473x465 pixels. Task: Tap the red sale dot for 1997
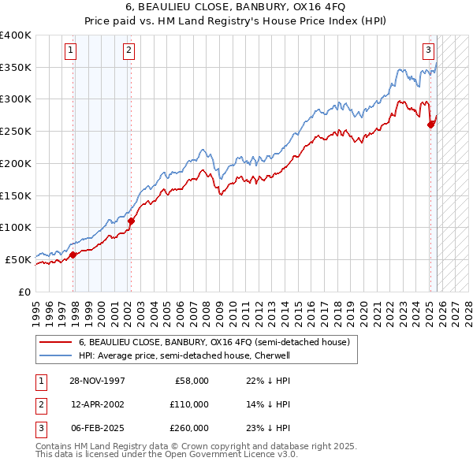73,255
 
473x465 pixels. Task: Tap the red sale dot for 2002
131,221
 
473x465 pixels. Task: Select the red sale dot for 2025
431,125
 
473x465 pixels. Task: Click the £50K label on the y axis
18,259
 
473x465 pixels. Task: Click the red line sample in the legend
55,342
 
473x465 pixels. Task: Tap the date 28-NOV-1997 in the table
91,381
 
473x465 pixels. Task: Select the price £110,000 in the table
190,404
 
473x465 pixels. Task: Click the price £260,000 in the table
190,428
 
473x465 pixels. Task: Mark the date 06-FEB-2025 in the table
91,428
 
